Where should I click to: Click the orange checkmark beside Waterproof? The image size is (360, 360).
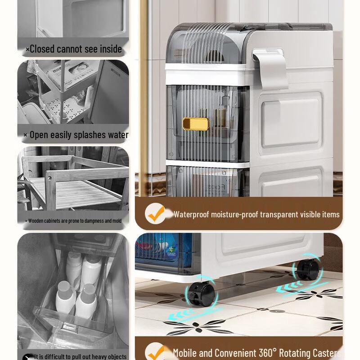(156, 214)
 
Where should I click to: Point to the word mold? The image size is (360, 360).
(117, 221)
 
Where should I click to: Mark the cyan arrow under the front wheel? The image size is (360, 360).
(193, 315)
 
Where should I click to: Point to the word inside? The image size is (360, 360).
(110, 49)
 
